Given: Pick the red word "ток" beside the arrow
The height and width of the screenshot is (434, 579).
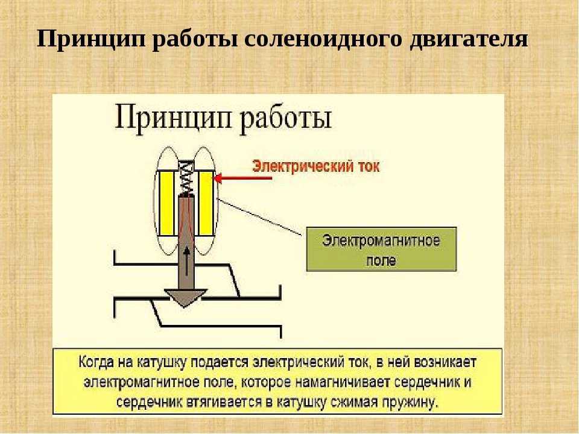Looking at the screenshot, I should (366, 166).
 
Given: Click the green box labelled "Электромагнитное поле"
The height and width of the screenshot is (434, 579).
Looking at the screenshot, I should (381, 250).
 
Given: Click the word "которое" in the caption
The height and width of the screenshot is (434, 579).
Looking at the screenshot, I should (267, 382).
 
